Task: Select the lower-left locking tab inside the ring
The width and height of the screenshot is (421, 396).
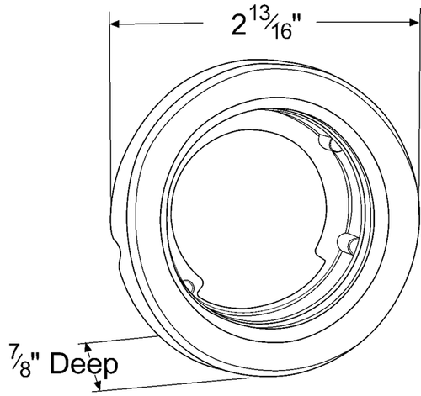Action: [191, 288]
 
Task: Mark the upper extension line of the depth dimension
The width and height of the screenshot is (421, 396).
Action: [126, 337]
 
